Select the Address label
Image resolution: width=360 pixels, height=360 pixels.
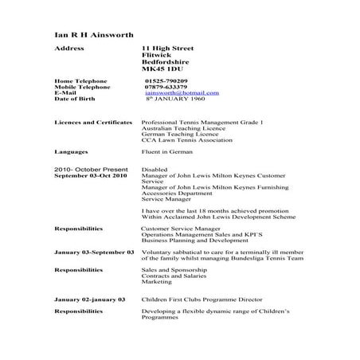click(70, 49)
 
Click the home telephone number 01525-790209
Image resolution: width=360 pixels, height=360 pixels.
click(166, 81)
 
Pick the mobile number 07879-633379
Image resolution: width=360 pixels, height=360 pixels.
click(167, 87)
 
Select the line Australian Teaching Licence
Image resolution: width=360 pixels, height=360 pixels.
click(178, 127)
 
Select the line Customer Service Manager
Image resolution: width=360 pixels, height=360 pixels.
click(177, 229)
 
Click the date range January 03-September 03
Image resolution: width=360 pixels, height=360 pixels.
click(94, 252)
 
